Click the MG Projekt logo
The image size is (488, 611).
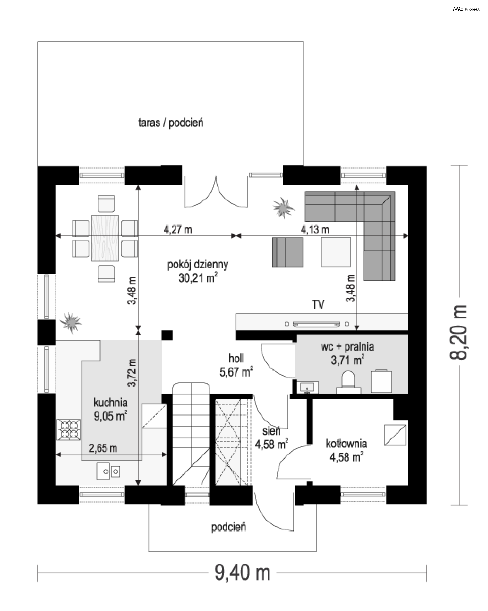tap(466, 9)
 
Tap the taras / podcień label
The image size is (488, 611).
tap(171, 123)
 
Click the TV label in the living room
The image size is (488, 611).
tap(318, 305)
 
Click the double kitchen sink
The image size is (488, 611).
tap(108, 471)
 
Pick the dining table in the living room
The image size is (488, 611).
tap(105, 238)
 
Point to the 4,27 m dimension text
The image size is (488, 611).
tap(178, 230)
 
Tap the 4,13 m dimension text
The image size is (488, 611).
tap(315, 230)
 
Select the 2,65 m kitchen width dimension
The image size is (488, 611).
tap(103, 448)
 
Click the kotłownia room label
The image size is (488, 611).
tap(346, 443)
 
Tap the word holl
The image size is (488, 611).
tap(236, 359)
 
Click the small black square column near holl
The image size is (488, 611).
tap(167, 335)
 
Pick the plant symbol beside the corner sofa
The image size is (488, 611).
tap(283, 208)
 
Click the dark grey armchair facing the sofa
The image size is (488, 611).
tap(288, 252)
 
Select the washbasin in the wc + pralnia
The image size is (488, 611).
tap(308, 387)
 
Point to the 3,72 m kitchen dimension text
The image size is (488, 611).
tap(132, 373)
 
